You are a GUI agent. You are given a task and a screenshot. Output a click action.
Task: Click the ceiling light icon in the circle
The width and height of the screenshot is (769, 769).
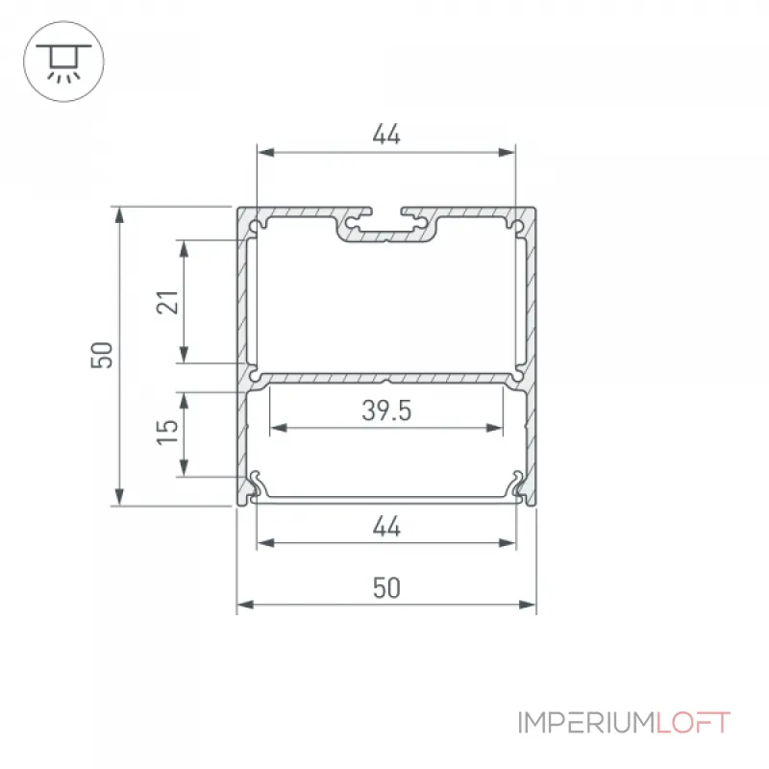coord(63,62)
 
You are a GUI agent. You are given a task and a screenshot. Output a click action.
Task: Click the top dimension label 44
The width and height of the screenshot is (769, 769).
coord(386,134)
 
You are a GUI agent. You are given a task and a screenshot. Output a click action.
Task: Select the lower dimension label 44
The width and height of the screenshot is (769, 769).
coord(386,526)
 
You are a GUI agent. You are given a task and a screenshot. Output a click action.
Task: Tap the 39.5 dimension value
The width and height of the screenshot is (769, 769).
coord(386,410)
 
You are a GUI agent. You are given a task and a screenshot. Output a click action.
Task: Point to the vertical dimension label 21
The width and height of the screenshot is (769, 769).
coord(167,302)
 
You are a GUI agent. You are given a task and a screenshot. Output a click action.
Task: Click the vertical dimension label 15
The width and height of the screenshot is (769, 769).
coord(167,432)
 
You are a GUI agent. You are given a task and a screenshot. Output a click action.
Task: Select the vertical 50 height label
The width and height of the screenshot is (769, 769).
coord(102,355)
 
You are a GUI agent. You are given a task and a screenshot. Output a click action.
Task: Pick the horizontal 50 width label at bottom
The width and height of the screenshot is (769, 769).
coord(386,587)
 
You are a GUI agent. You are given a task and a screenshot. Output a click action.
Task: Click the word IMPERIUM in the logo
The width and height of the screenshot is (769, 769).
coord(586,723)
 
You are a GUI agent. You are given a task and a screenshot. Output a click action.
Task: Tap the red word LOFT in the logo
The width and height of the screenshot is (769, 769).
coord(693,723)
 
